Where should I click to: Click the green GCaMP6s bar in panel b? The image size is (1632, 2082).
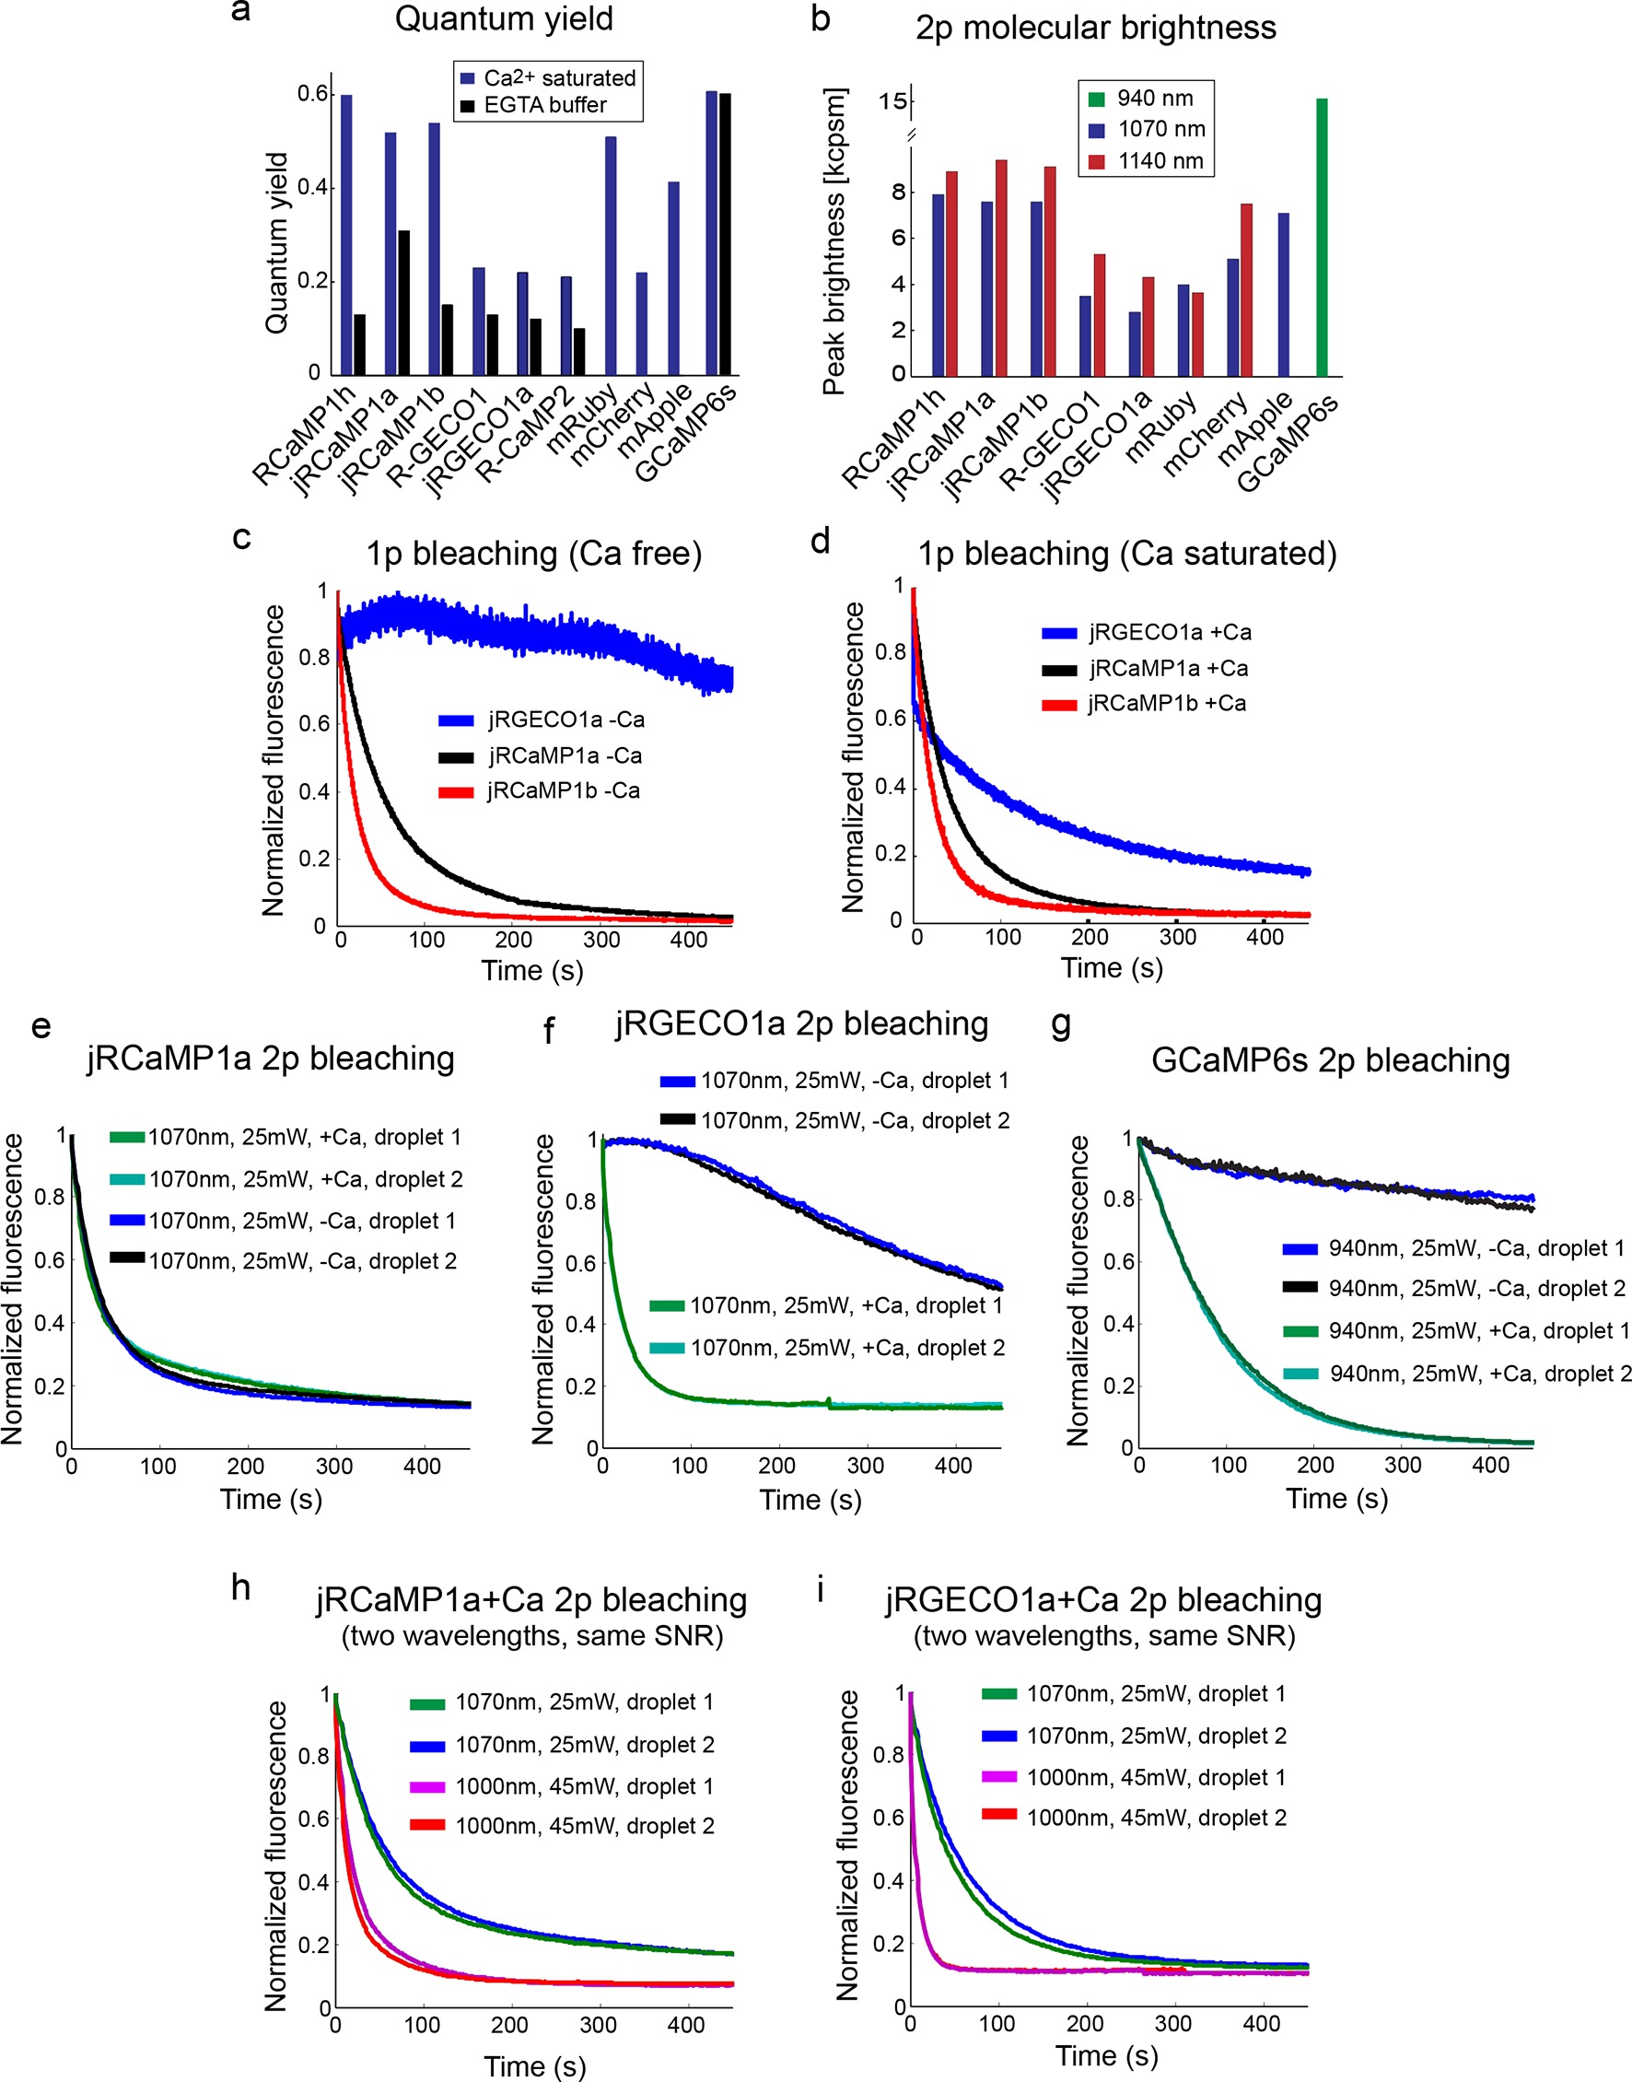click(x=1322, y=237)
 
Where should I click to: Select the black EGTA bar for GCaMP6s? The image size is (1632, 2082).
click(x=725, y=234)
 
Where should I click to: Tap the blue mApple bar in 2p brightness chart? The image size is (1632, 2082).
click(x=1283, y=294)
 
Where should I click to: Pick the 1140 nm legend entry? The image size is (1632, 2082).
click(x=1160, y=160)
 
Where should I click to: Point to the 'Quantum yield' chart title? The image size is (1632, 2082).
click(x=504, y=19)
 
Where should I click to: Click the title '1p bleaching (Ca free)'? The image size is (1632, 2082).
click(x=533, y=554)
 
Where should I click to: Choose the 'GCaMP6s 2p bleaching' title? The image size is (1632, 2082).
click(x=1330, y=1059)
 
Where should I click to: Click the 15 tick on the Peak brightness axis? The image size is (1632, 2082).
click(x=892, y=101)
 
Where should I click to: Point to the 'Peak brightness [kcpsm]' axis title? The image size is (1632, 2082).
click(x=834, y=241)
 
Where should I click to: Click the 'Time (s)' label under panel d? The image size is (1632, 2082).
click(x=1112, y=968)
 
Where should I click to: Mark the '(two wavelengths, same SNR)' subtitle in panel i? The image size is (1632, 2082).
click(x=1103, y=1636)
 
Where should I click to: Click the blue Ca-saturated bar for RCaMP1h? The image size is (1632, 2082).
click(x=346, y=234)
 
